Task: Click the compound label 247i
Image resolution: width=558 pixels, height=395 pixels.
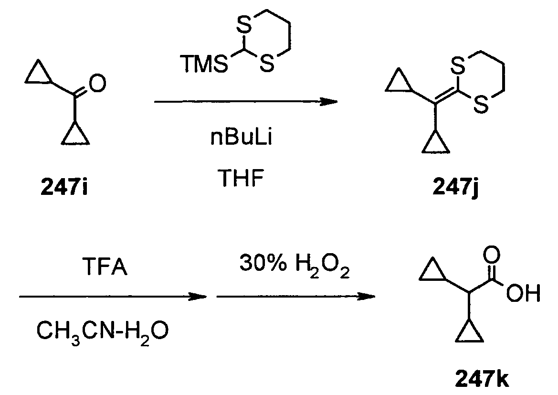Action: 63,187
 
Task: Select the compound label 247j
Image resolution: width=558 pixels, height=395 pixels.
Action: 456,187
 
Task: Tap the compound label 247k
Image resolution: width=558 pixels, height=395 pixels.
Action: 482,379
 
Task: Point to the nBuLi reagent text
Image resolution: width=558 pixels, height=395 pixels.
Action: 241,137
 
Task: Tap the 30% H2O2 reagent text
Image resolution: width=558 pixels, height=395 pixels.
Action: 295,266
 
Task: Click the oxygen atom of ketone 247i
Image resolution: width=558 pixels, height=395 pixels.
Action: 97,83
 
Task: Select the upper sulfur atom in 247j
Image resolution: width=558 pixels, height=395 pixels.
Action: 458,65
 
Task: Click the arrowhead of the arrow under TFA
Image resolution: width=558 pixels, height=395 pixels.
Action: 197,296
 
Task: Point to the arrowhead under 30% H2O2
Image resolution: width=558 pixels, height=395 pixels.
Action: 365,296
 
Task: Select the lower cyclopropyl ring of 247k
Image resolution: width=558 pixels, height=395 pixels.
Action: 470,332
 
